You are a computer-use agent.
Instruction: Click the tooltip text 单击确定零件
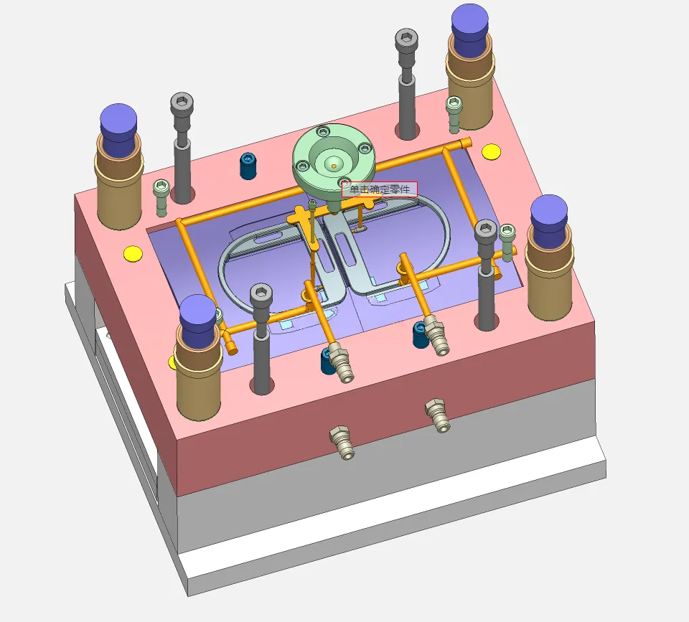379,190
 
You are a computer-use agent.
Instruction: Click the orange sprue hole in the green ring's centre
334,166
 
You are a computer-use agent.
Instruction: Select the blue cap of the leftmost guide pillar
118,128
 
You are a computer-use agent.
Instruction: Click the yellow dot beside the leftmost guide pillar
133,254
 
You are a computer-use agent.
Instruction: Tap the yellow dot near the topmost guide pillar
491,151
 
